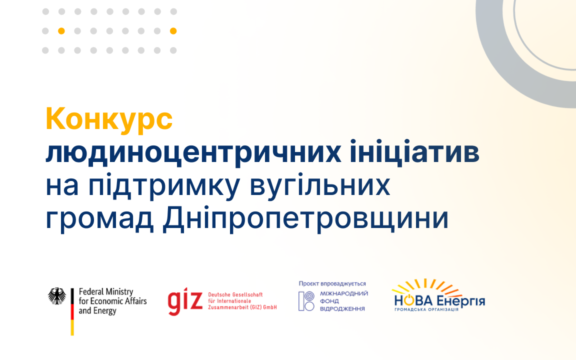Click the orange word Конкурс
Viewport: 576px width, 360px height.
pos(109,119)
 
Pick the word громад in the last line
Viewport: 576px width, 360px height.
pos(99,219)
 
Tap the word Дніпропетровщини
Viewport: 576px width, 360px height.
pos(305,219)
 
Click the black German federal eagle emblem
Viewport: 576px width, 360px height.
pos(57,296)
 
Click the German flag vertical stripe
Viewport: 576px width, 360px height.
pos(72,311)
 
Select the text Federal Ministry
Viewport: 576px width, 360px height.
pos(106,291)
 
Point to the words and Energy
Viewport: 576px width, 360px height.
pos(97,311)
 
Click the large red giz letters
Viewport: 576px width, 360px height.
pos(185,301)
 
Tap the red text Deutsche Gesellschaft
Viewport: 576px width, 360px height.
pos(235,294)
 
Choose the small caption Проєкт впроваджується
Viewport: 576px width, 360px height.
pos(332,283)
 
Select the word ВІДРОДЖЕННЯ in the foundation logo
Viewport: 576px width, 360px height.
pos(342,308)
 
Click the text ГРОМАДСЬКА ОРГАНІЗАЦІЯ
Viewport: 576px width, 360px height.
pos(426,309)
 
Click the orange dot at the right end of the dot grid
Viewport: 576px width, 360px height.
pos(173,31)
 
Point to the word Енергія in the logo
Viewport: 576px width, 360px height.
pos(461,301)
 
